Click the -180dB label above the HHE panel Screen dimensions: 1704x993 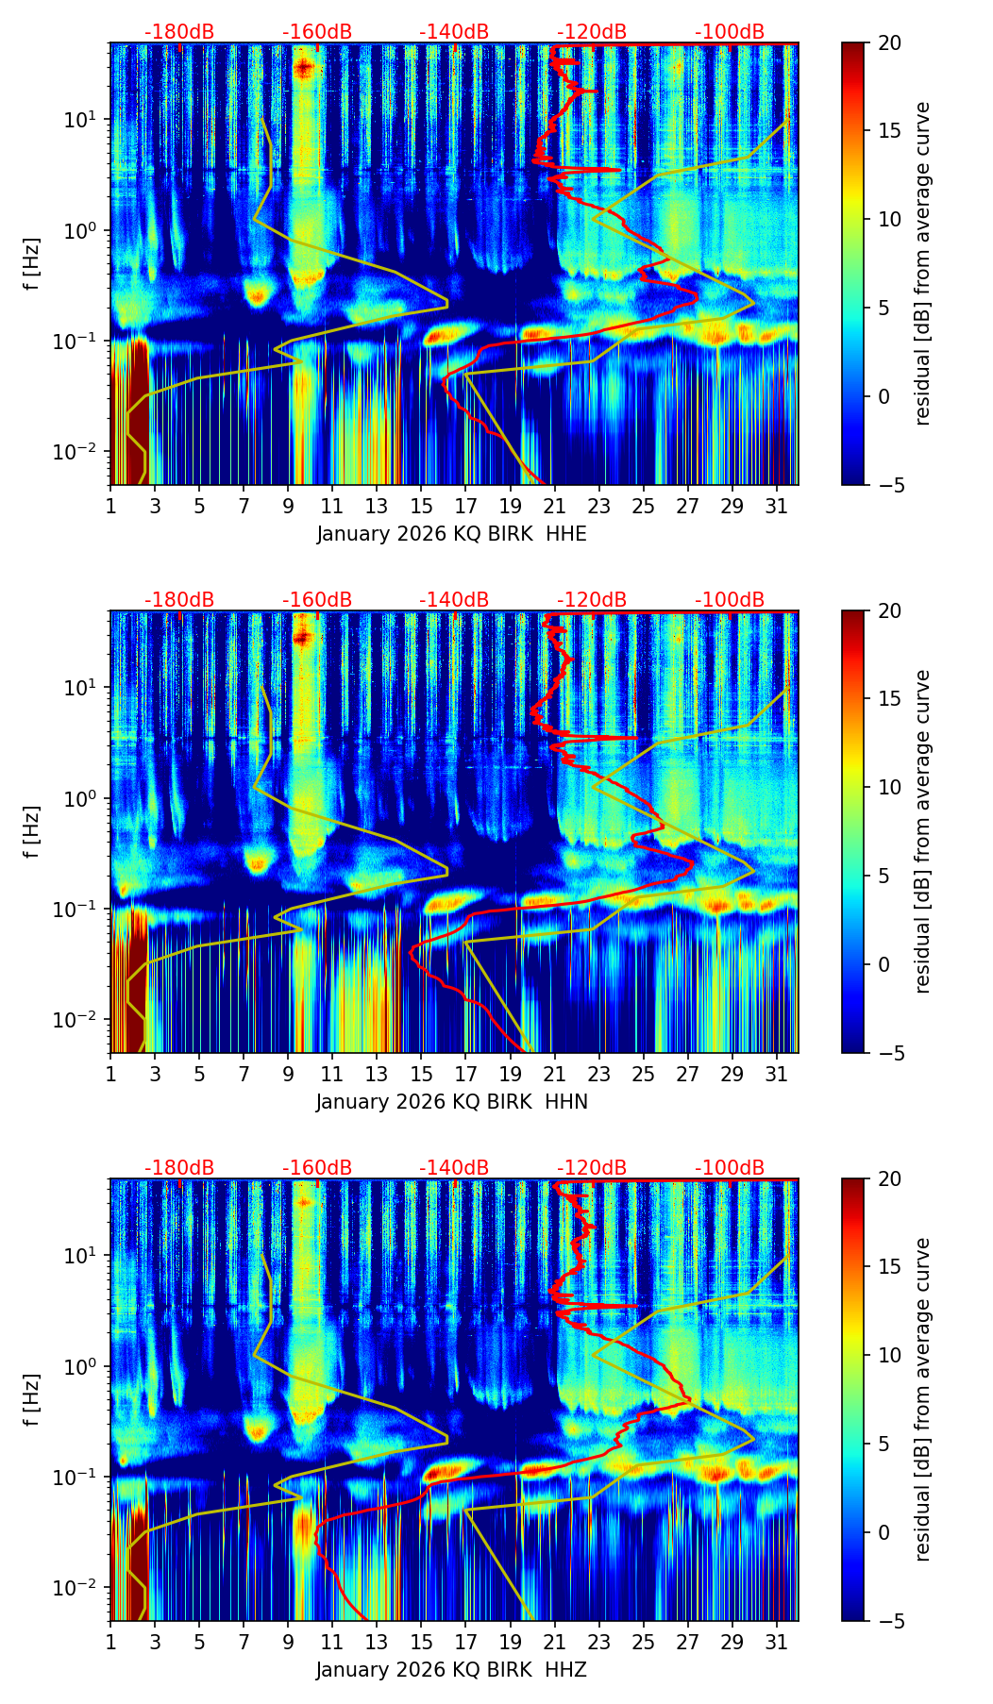[179, 32]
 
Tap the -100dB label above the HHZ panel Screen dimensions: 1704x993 [730, 1168]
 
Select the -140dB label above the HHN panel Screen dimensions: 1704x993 [454, 600]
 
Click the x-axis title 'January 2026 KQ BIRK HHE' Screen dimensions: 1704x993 [451, 534]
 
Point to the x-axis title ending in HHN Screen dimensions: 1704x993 [451, 1102]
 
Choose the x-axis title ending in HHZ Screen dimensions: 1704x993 [451, 1670]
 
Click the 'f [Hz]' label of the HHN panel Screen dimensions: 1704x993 [33, 831]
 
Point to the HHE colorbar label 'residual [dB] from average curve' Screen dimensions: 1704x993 [923, 263]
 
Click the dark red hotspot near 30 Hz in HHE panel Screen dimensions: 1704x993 [303, 67]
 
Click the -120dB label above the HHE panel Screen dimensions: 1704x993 [592, 32]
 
